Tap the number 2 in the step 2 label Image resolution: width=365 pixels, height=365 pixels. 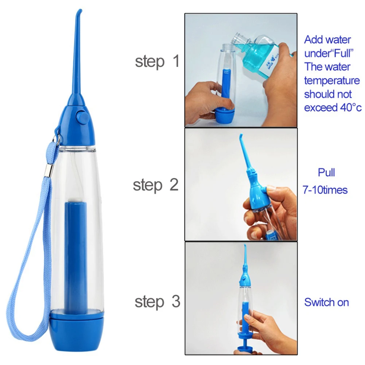[x=174, y=185]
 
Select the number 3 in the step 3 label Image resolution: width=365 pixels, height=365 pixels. [x=175, y=302]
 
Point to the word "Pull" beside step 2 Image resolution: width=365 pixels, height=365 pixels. [x=326, y=172]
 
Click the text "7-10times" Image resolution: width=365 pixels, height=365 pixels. [x=325, y=190]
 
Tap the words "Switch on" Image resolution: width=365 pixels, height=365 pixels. [x=326, y=302]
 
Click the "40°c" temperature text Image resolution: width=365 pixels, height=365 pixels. [x=349, y=108]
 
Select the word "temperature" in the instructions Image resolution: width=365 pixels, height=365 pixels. [x=332, y=81]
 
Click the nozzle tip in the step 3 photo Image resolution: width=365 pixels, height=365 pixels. [x=245, y=247]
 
